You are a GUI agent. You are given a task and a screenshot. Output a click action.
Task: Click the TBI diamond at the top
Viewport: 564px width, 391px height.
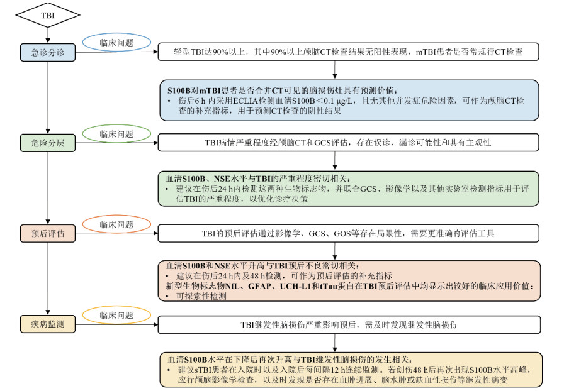coord(47,13)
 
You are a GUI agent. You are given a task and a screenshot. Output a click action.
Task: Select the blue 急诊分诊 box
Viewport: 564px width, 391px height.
coord(47,52)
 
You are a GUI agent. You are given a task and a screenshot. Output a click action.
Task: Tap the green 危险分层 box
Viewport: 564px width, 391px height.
coord(47,143)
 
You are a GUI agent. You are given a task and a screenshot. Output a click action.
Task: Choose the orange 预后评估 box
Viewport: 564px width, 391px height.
coord(47,233)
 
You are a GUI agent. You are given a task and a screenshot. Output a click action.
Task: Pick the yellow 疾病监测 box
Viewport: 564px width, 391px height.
coord(47,324)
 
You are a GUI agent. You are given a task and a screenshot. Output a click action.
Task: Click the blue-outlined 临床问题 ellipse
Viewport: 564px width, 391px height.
coord(116,43)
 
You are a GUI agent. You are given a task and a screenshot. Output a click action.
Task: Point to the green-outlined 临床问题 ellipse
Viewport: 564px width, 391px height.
coord(116,134)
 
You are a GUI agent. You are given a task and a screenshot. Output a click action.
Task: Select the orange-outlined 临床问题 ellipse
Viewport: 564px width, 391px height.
coord(116,224)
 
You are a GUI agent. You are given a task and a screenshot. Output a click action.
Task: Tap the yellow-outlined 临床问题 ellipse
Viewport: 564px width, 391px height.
coord(116,315)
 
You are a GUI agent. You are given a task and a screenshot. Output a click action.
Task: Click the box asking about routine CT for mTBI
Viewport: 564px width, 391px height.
coord(348,52)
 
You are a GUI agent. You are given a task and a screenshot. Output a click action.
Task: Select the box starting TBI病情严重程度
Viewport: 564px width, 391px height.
coord(348,143)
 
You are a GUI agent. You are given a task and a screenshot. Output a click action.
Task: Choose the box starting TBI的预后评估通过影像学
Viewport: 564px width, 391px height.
coord(348,234)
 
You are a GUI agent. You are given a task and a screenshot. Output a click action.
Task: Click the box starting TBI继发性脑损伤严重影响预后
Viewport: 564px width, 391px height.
coord(348,324)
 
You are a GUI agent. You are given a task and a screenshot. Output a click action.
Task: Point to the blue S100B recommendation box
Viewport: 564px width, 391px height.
coord(348,99)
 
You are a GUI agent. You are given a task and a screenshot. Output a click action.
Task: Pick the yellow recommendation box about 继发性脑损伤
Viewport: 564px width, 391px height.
coord(348,370)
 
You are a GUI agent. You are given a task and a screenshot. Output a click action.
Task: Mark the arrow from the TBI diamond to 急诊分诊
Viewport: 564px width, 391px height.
coord(47,34)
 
